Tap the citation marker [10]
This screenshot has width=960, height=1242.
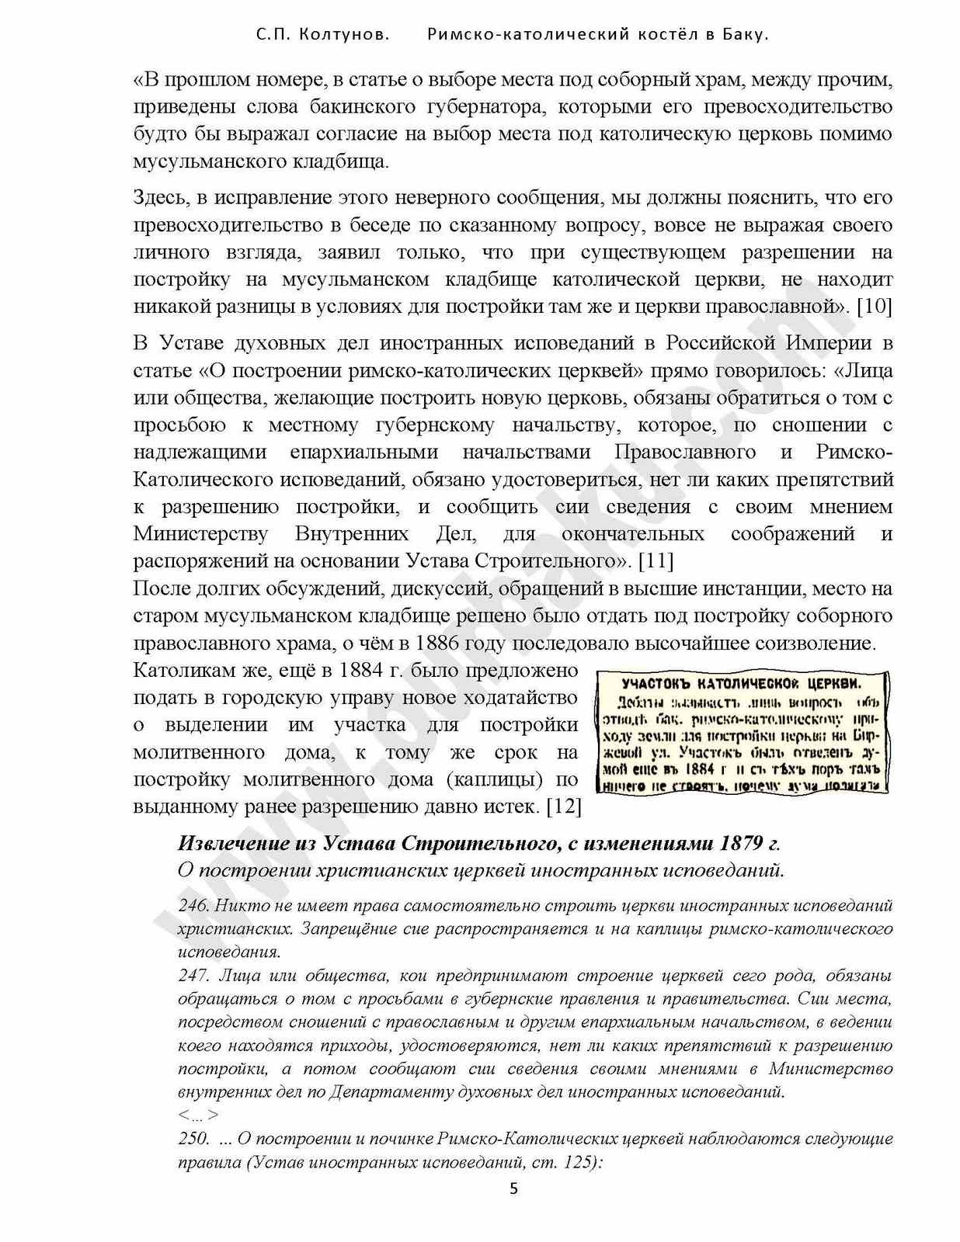(x=874, y=307)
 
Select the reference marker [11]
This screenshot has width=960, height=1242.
(x=656, y=560)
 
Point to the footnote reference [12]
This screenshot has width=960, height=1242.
(x=564, y=807)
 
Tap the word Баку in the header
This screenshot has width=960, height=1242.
(x=746, y=35)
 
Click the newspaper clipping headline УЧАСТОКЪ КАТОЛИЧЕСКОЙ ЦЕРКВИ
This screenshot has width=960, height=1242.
(x=741, y=684)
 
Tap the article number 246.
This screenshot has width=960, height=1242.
(x=193, y=905)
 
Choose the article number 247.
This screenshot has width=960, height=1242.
(x=193, y=975)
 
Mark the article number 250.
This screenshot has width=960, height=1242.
(x=193, y=1139)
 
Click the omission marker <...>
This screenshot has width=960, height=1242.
(x=197, y=1115)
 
